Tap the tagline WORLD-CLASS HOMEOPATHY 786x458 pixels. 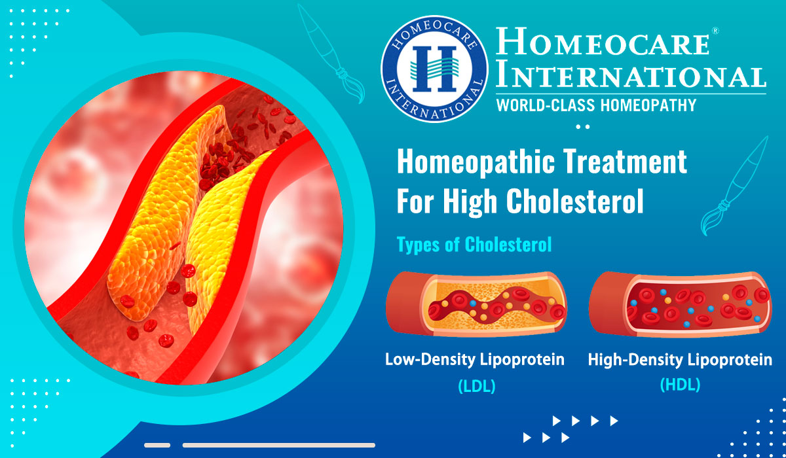click(x=596, y=105)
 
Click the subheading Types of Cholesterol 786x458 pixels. click(x=474, y=245)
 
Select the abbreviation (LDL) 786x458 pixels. click(x=476, y=386)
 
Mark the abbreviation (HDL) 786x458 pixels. click(x=680, y=385)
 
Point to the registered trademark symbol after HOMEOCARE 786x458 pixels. click(x=715, y=31)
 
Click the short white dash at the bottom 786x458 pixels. click(x=157, y=446)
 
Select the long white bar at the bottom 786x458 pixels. click(x=278, y=446)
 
